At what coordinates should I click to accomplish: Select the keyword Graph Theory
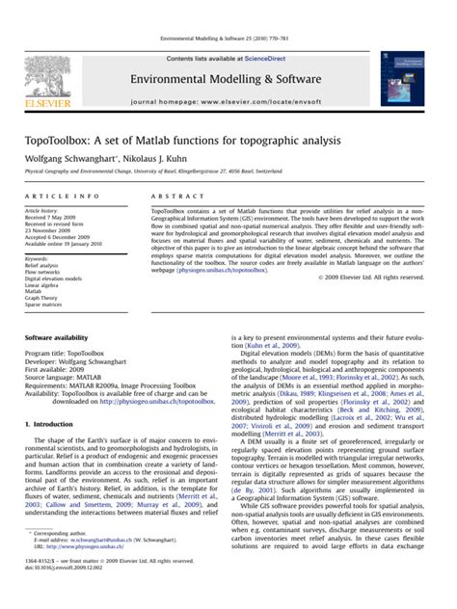[x=42, y=298]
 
